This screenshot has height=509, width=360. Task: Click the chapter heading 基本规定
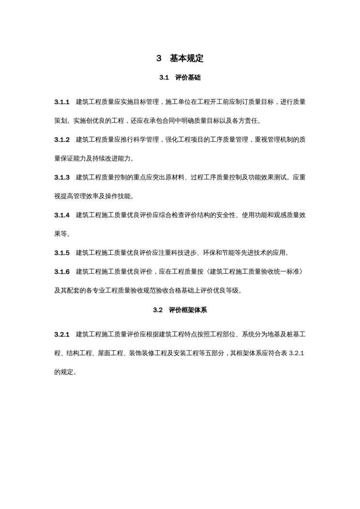tap(186, 59)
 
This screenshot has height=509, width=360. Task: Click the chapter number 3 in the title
tap(159, 59)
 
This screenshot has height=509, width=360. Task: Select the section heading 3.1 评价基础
tap(180, 77)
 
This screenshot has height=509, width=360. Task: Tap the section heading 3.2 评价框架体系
tap(180, 310)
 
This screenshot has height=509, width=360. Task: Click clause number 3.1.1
tap(62, 102)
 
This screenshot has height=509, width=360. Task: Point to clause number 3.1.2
tap(62, 140)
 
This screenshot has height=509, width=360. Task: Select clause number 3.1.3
tap(62, 178)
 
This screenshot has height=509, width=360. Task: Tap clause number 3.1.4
tap(62, 215)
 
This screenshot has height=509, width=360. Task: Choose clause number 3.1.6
tap(62, 272)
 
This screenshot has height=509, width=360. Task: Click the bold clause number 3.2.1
tap(62, 335)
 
